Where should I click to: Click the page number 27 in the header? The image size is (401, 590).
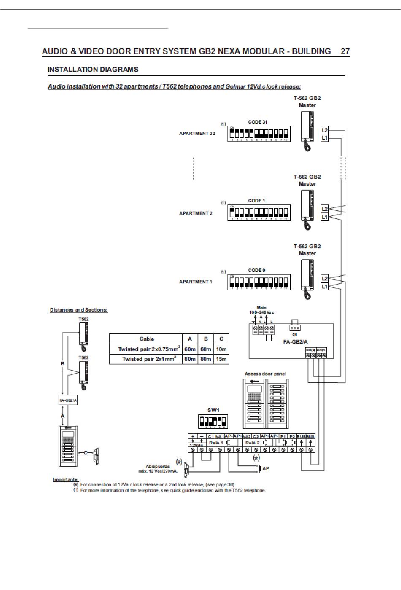345,52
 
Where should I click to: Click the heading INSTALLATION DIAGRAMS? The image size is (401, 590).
93,69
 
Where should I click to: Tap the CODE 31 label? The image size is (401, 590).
257,122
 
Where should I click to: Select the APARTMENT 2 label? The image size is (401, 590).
196,213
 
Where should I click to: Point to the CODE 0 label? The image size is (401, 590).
257,270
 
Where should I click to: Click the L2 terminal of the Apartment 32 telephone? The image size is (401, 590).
325,130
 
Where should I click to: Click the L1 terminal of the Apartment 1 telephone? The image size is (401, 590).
325,286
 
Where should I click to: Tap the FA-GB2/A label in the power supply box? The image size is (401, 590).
295,342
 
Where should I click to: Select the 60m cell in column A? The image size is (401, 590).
190,349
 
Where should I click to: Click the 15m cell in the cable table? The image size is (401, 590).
221,359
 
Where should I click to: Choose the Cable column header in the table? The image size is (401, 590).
146,339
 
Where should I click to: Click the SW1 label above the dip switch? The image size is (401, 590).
213,410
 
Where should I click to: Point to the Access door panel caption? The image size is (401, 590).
266,374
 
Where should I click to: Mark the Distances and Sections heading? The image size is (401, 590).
79,310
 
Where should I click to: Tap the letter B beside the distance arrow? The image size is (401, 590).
62,363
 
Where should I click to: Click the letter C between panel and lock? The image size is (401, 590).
86,453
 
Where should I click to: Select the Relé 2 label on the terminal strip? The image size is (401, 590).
252,443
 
